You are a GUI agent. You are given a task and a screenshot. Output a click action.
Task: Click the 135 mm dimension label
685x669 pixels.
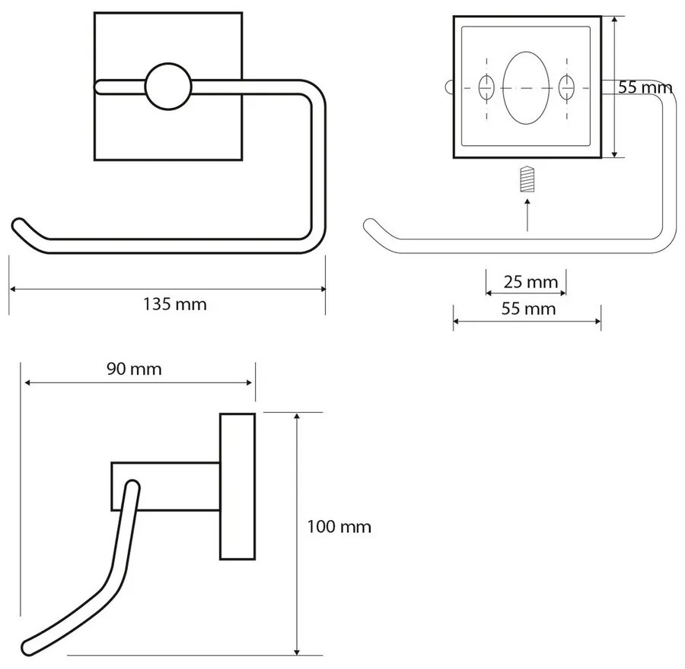pos(175,304)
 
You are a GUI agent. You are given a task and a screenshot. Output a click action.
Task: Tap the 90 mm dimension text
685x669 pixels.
pos(134,369)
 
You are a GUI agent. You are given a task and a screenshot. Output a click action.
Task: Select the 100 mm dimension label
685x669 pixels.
pos(339,527)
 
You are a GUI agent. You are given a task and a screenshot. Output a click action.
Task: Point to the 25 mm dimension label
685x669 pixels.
pos(530,282)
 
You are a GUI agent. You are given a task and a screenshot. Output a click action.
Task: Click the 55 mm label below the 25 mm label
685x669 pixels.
pos(529,309)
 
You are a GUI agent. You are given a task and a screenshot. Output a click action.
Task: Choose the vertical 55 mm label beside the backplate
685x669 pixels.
pos(645,87)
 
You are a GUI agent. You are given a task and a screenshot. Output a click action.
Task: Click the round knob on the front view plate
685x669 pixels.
pos(168,87)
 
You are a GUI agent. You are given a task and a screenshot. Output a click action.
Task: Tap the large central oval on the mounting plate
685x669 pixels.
pos(526,87)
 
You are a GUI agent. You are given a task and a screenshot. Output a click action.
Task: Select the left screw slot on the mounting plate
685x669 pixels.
pos(486,87)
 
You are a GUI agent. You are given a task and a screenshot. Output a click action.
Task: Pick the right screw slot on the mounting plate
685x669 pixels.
pos(566,87)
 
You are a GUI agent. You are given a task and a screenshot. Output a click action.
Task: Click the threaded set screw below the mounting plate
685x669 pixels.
pos(527,179)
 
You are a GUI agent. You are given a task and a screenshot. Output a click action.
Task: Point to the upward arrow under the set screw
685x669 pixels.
pos(527,214)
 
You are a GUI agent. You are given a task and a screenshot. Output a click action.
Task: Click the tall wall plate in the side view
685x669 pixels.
pos(237,486)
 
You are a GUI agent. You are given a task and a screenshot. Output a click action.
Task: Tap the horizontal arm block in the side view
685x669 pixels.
pos(166,486)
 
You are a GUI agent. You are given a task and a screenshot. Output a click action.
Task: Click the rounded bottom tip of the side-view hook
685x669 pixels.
pos(29,648)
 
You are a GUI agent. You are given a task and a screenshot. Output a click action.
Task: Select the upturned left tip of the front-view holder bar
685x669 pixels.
pos(18,226)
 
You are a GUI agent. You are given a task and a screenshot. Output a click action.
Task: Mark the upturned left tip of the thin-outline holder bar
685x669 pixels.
pos(370,226)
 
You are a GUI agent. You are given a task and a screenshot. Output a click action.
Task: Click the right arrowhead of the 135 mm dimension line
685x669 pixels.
pos(323,289)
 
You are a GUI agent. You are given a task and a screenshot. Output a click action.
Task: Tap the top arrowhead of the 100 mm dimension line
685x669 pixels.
pos(297,416)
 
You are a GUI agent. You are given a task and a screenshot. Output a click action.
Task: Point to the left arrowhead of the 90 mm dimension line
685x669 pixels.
pos(27,382)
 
